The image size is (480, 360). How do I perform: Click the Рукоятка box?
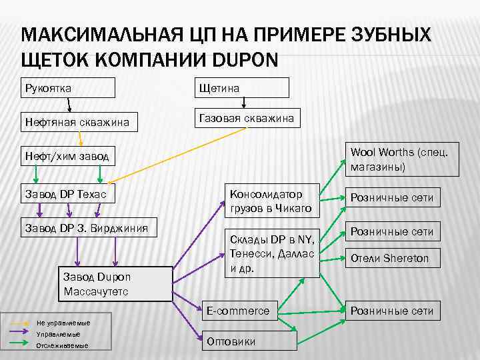tap(68, 88)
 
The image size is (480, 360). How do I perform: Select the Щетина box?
tap(241, 88)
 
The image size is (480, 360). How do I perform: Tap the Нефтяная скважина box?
tap(79, 122)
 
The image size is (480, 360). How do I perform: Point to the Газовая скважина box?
tap(247, 118)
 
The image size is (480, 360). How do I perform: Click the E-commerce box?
tap(249, 311)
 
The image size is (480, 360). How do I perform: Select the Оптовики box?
tap(249, 340)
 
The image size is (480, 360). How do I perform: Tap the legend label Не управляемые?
tap(63, 323)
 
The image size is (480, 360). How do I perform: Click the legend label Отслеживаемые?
tap(63, 345)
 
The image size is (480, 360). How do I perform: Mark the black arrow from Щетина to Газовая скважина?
tap(243, 102)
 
